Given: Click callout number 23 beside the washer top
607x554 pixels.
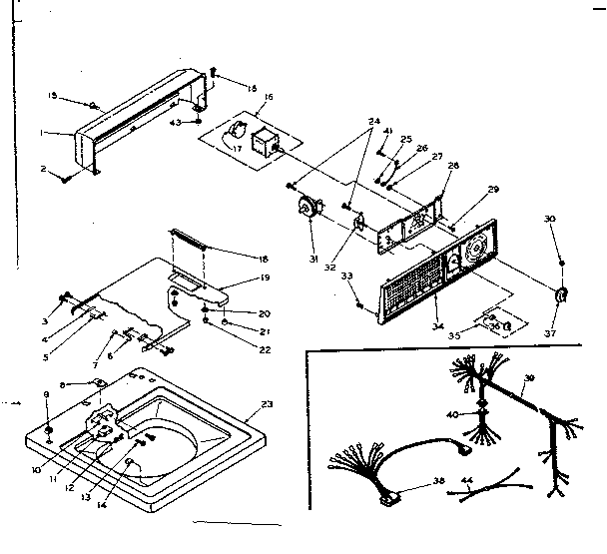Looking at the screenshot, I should pyautogui.click(x=267, y=404).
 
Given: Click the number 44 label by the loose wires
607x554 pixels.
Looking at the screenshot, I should pyautogui.click(x=466, y=482).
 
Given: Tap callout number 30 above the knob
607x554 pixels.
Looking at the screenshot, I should pyautogui.click(x=550, y=219).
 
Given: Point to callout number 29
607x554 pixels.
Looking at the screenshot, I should pyautogui.click(x=492, y=190).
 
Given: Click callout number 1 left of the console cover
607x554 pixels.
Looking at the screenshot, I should pyautogui.click(x=69, y=131).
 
